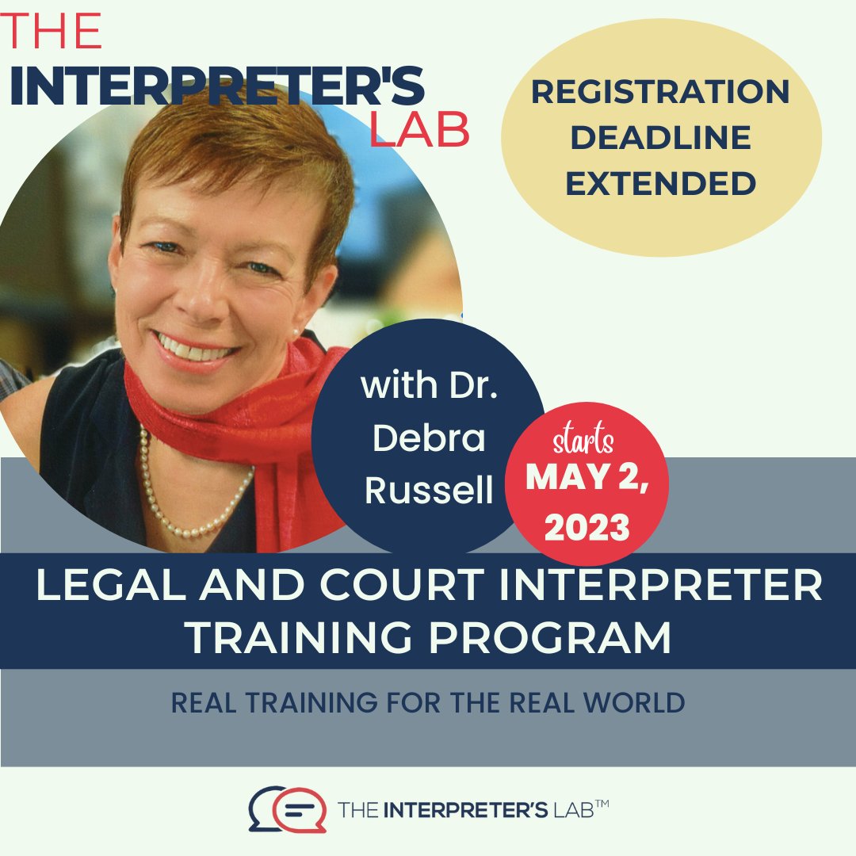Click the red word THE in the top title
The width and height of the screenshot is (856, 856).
coord(54,32)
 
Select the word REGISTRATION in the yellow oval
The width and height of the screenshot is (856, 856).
coord(660,93)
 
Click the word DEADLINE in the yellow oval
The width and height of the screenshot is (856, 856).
coord(660,138)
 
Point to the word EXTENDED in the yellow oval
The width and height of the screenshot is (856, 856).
coord(660,184)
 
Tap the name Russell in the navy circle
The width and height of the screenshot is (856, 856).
coord(429,491)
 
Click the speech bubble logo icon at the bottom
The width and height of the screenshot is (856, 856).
coord(288,809)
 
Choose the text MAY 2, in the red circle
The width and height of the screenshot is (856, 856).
coord(587,477)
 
